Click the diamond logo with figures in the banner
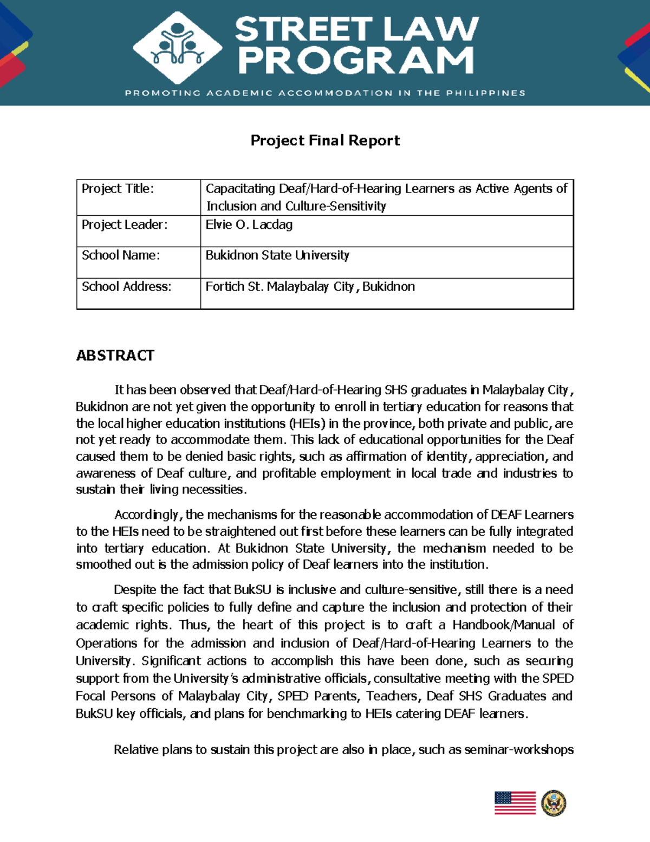point(177,48)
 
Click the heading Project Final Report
point(325,140)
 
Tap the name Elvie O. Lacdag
point(249,224)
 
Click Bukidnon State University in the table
point(277,255)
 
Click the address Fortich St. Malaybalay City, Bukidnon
point(310,287)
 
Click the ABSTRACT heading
point(115,356)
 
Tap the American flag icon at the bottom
point(515,803)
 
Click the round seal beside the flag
point(554,803)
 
